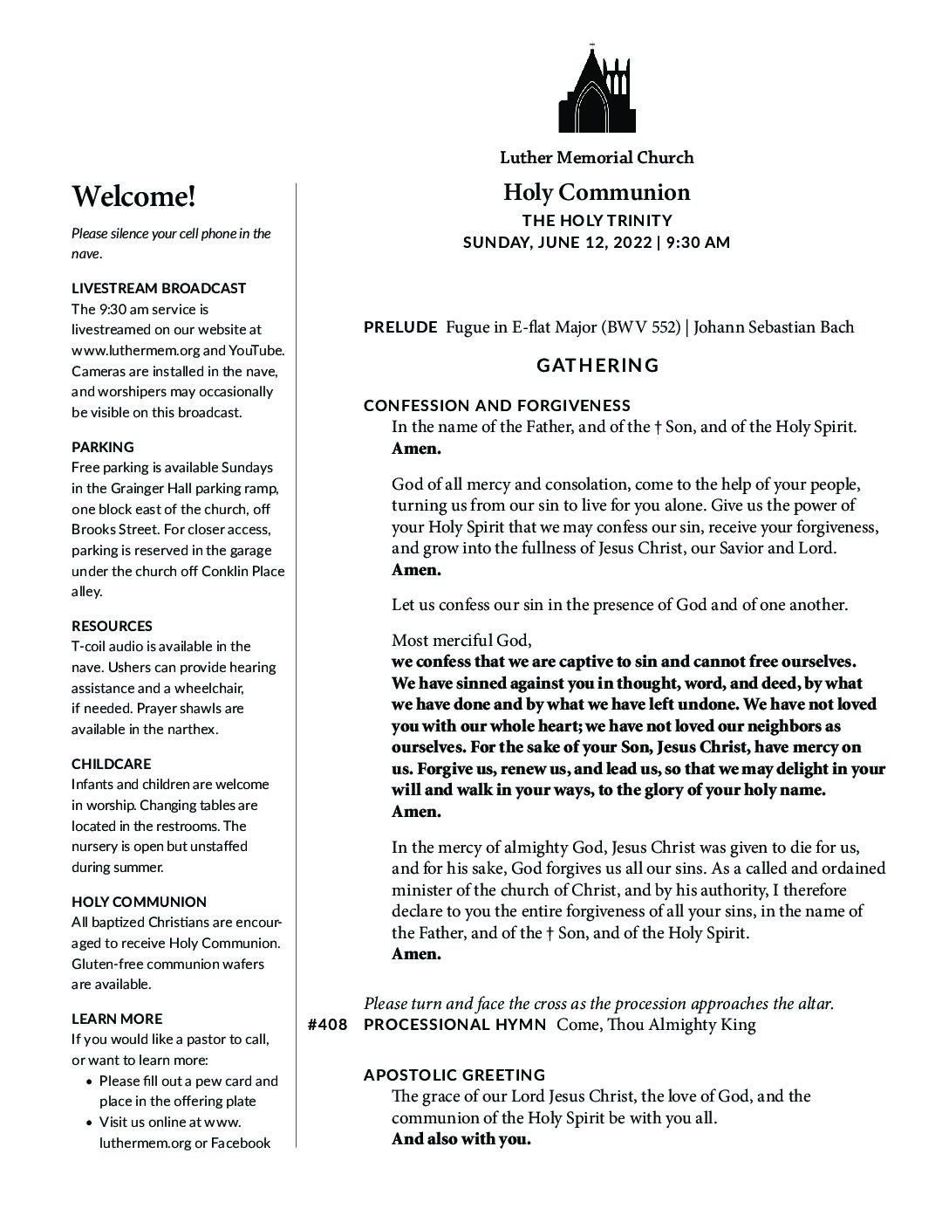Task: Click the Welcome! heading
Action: pos(133,196)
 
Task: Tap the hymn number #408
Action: pos(328,1025)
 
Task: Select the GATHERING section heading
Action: pos(597,365)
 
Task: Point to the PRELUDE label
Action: pos(400,327)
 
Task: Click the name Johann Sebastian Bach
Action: pos(774,327)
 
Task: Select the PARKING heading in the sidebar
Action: pos(103,447)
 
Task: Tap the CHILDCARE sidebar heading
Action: pos(111,764)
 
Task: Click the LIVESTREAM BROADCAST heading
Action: pos(159,288)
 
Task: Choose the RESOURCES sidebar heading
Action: pos(112,626)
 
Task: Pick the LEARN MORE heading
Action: pos(117,1019)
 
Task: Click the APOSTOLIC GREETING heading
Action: pos(454,1075)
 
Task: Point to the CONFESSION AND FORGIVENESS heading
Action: pos(497,405)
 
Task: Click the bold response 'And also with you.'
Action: pos(461,1139)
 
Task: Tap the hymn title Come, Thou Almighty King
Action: pos(656,1025)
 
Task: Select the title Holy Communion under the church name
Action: pos(597,192)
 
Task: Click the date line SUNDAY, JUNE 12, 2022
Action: pos(557,243)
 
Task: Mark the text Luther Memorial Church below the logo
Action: pos(597,158)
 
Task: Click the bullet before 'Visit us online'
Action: pos(92,1123)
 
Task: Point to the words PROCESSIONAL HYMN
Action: pos(454,1025)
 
